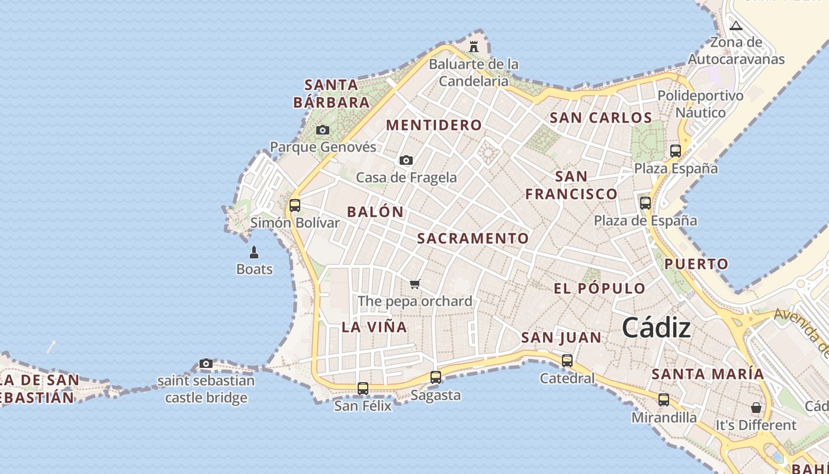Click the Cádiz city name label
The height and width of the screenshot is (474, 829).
point(656,328)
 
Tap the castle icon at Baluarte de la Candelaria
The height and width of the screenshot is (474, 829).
point(474,46)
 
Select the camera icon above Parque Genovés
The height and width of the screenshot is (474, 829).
point(323,130)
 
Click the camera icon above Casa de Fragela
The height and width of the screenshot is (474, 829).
point(406,160)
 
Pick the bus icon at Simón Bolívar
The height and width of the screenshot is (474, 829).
point(295,206)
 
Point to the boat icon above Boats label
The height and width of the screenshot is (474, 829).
point(254,252)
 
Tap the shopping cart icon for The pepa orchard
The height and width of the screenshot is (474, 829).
point(415,284)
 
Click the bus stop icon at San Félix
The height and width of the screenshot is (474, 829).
point(363,389)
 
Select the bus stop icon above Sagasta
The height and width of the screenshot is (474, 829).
point(436,377)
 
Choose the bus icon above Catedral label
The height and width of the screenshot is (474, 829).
point(567,360)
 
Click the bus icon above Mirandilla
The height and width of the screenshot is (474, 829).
point(664,400)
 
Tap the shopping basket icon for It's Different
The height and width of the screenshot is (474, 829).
point(756,408)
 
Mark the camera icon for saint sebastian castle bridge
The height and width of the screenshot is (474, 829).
point(206,363)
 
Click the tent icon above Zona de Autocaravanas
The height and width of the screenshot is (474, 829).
point(736,25)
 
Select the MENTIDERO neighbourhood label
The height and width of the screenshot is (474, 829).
point(434,125)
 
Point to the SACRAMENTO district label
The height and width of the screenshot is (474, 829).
point(473,238)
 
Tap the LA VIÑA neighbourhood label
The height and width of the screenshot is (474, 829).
point(374,326)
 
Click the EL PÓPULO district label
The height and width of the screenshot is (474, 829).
point(599,289)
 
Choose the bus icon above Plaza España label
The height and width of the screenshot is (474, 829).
point(676,150)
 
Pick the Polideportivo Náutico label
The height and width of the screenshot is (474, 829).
point(701,104)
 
